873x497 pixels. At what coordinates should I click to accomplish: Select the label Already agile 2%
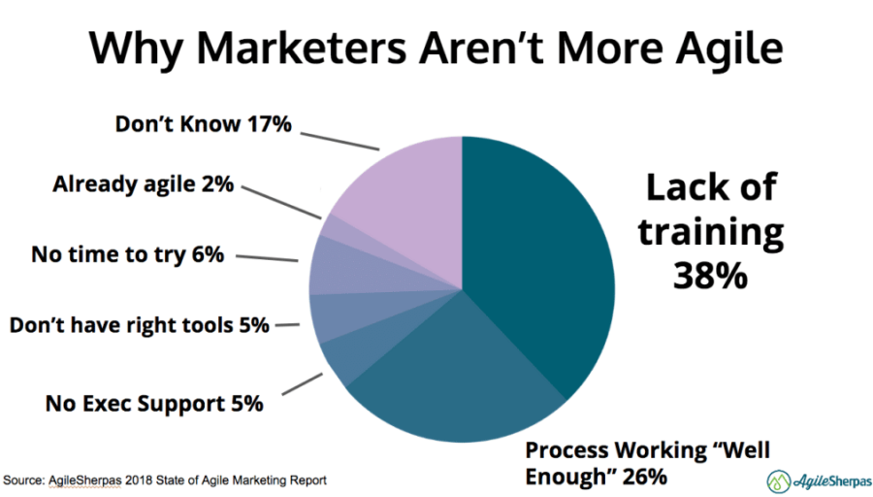click(x=143, y=183)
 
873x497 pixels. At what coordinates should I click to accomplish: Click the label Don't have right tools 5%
click(x=139, y=324)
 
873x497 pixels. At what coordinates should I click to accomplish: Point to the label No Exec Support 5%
click(x=154, y=403)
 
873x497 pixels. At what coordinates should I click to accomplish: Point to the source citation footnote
click(x=165, y=480)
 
